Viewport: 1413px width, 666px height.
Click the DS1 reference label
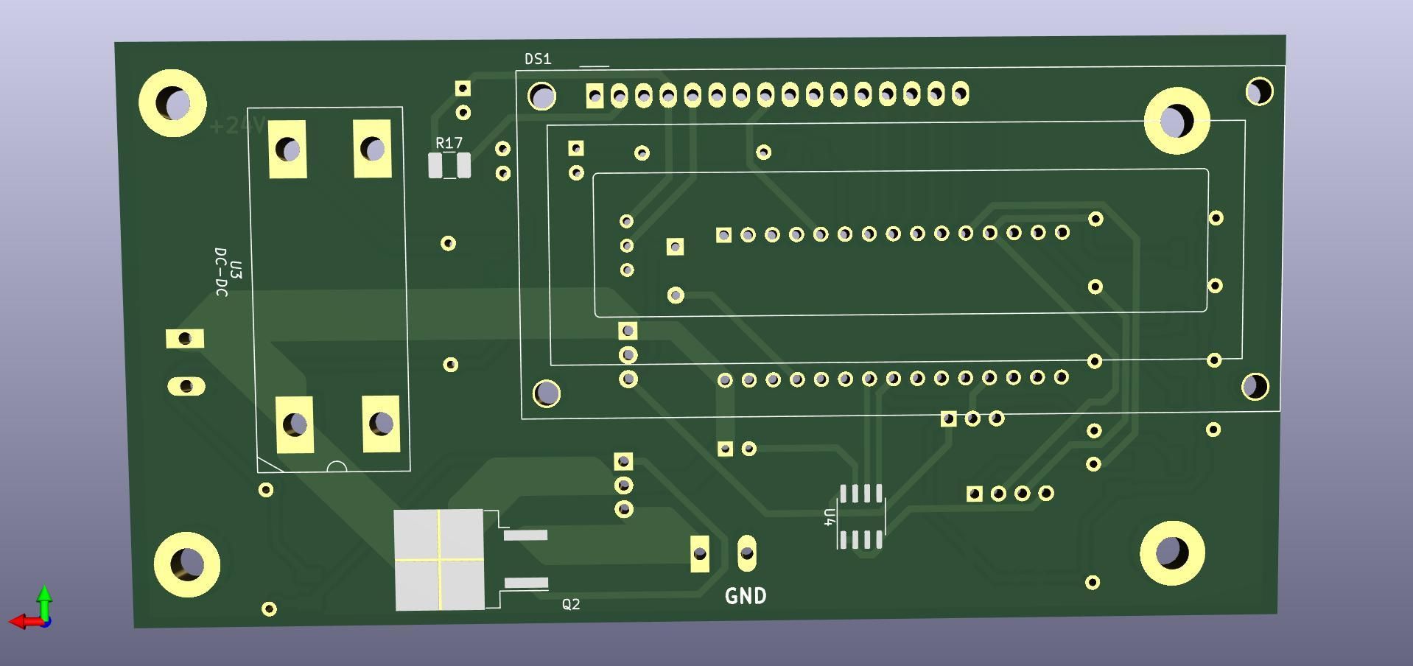(538, 59)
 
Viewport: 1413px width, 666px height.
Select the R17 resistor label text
(449, 143)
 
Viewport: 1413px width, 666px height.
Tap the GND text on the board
(746, 596)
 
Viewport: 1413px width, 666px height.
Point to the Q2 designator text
(571, 604)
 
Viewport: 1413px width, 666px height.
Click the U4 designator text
(830, 517)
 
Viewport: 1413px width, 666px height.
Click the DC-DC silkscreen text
(221, 272)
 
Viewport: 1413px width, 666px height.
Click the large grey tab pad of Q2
(439, 560)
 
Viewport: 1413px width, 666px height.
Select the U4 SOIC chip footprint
(861, 517)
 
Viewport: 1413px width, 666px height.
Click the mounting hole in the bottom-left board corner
(186, 564)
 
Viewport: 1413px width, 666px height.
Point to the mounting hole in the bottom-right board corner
(1171, 553)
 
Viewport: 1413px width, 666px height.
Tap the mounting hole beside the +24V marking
(173, 103)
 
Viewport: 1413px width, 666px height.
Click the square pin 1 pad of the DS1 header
(595, 96)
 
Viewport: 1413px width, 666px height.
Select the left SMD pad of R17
(435, 166)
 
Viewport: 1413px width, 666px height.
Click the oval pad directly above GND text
(747, 553)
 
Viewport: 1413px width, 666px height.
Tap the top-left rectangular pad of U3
(287, 150)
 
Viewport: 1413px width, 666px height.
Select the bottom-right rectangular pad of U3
(381, 424)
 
